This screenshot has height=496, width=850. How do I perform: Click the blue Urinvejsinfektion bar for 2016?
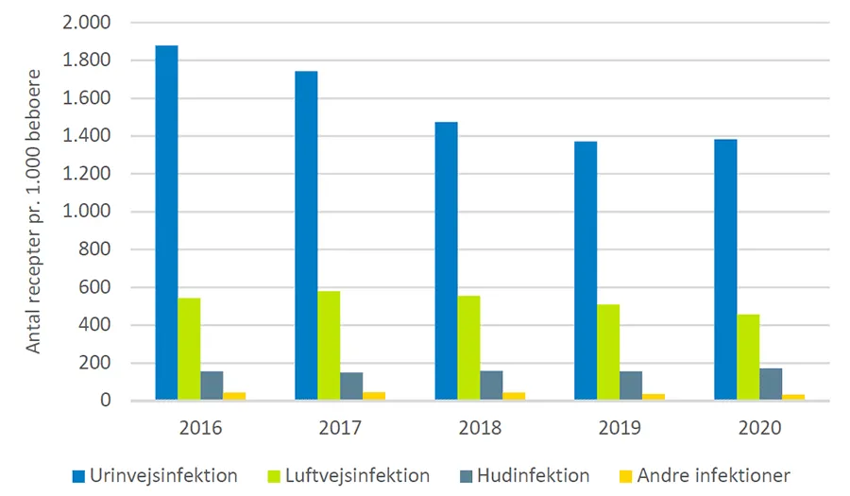tap(166, 223)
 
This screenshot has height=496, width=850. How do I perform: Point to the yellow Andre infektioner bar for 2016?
tap(234, 396)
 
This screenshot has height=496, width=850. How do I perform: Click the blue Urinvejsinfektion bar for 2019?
tap(586, 271)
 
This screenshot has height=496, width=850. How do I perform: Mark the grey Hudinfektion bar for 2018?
tap(491, 385)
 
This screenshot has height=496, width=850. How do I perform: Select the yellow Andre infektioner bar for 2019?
tap(654, 397)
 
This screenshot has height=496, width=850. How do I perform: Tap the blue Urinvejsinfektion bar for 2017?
tap(306, 236)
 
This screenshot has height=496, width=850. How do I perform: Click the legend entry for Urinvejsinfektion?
tap(157, 475)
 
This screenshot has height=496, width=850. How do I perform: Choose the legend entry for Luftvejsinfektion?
tap(362, 475)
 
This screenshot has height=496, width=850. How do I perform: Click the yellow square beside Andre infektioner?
tap(627, 475)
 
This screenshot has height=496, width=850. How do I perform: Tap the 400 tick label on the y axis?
tap(97, 325)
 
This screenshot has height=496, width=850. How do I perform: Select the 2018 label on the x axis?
tap(480, 427)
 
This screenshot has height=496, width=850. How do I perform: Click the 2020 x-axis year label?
tap(759, 427)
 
